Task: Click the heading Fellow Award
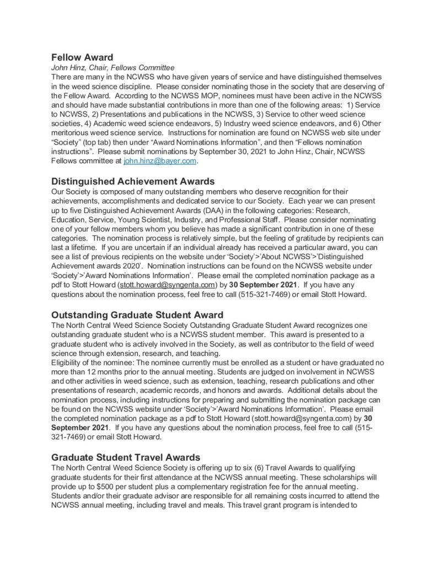point(82,57)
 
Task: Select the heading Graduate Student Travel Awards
point(126,457)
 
